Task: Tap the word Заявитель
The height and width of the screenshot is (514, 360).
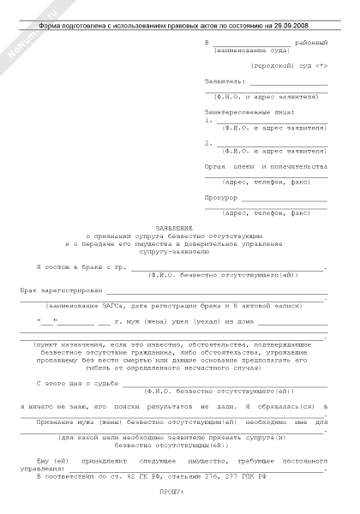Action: click(x=225, y=81)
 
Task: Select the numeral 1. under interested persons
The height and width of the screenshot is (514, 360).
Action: click(x=208, y=120)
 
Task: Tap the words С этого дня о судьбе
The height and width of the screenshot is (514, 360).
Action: click(x=73, y=385)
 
